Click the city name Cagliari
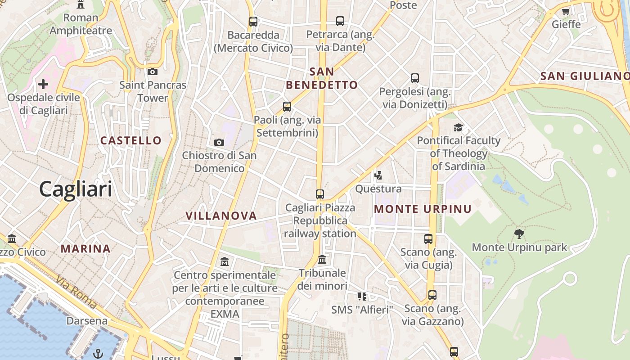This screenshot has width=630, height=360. (x=76, y=189)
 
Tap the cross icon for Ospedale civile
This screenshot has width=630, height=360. (x=43, y=84)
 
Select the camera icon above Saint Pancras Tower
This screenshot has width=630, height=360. (x=153, y=72)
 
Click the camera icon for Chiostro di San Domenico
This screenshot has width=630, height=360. (x=219, y=142)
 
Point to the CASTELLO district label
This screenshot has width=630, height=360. (x=131, y=140)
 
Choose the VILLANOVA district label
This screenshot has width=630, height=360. (x=221, y=216)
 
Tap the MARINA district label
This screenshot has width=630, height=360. (x=85, y=249)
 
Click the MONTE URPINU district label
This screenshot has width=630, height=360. (x=423, y=209)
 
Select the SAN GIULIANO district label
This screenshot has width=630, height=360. (x=584, y=76)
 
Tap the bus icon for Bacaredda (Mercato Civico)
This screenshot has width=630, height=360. (x=253, y=21)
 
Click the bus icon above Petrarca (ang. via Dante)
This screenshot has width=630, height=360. (x=340, y=21)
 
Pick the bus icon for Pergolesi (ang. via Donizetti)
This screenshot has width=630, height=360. (x=415, y=78)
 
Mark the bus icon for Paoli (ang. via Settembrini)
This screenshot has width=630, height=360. (x=287, y=107)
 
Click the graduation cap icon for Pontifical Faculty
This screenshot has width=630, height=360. (x=458, y=127)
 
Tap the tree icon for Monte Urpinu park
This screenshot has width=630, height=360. (x=519, y=234)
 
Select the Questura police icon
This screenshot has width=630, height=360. (x=378, y=175)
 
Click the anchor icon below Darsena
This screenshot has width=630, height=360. (x=98, y=354)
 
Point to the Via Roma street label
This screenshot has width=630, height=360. (x=76, y=292)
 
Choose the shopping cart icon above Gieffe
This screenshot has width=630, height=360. (x=566, y=11)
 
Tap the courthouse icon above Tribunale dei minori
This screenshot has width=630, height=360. (x=322, y=260)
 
